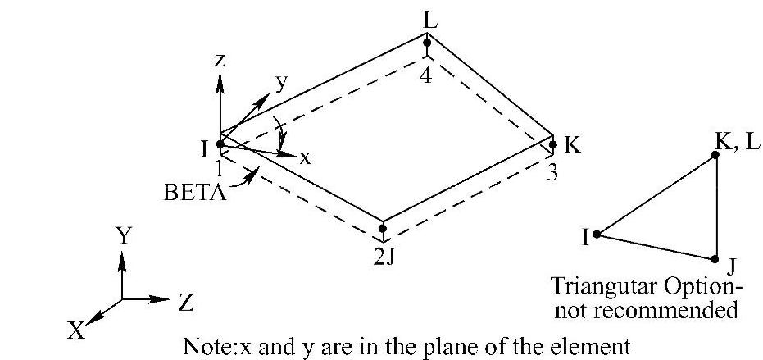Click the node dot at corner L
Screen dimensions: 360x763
427,42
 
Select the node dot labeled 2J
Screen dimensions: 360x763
383,229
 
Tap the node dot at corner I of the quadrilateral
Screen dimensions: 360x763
220,144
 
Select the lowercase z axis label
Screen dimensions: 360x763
220,61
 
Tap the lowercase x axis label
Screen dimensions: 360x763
305,158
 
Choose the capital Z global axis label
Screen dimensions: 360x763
186,303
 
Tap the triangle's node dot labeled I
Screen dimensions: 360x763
597,234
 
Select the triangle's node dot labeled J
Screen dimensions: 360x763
715,258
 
